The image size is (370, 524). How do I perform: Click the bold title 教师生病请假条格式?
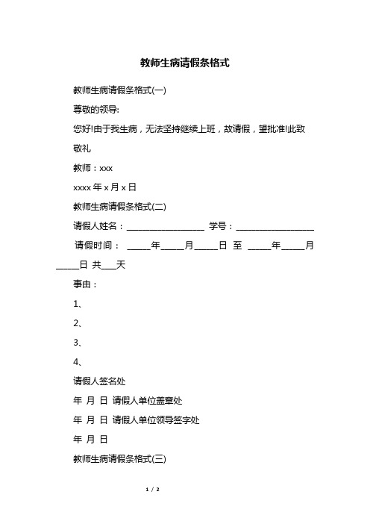click(x=184, y=63)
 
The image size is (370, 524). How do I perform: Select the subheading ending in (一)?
click(x=119, y=91)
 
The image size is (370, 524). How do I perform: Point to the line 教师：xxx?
click(x=92, y=167)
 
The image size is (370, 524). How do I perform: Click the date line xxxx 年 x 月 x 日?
click(x=104, y=187)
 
